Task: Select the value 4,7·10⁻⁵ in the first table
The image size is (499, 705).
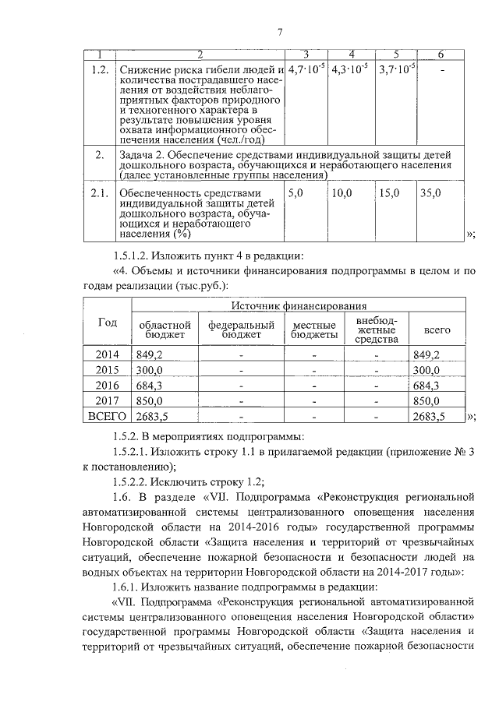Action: click(x=306, y=69)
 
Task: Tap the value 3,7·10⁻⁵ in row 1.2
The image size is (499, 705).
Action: click(x=397, y=69)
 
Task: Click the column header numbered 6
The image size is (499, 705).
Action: click(x=441, y=54)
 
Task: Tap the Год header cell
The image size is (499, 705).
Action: click(x=108, y=323)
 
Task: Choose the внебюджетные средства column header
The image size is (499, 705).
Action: click(x=377, y=330)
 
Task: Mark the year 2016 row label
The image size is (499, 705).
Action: click(x=108, y=385)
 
